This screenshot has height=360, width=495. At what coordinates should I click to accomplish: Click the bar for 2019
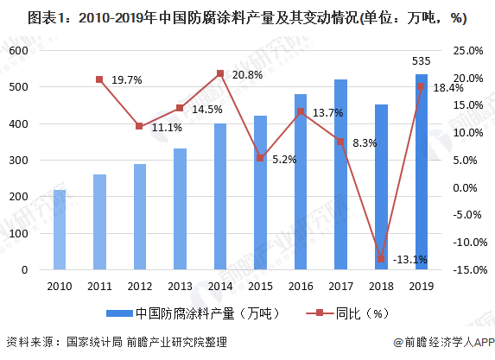tap(421, 172)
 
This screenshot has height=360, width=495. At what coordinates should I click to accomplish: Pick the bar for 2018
tap(381, 186)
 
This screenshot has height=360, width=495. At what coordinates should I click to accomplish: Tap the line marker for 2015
tap(260, 158)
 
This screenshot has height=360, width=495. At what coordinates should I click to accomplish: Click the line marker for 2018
tap(381, 258)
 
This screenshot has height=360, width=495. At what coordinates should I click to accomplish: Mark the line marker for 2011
tap(99, 79)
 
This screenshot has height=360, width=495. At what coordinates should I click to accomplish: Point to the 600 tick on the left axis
tap(19, 51)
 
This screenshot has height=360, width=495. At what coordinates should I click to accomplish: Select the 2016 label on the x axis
tap(301, 286)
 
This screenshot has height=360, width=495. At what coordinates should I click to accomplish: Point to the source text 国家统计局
tap(97, 343)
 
